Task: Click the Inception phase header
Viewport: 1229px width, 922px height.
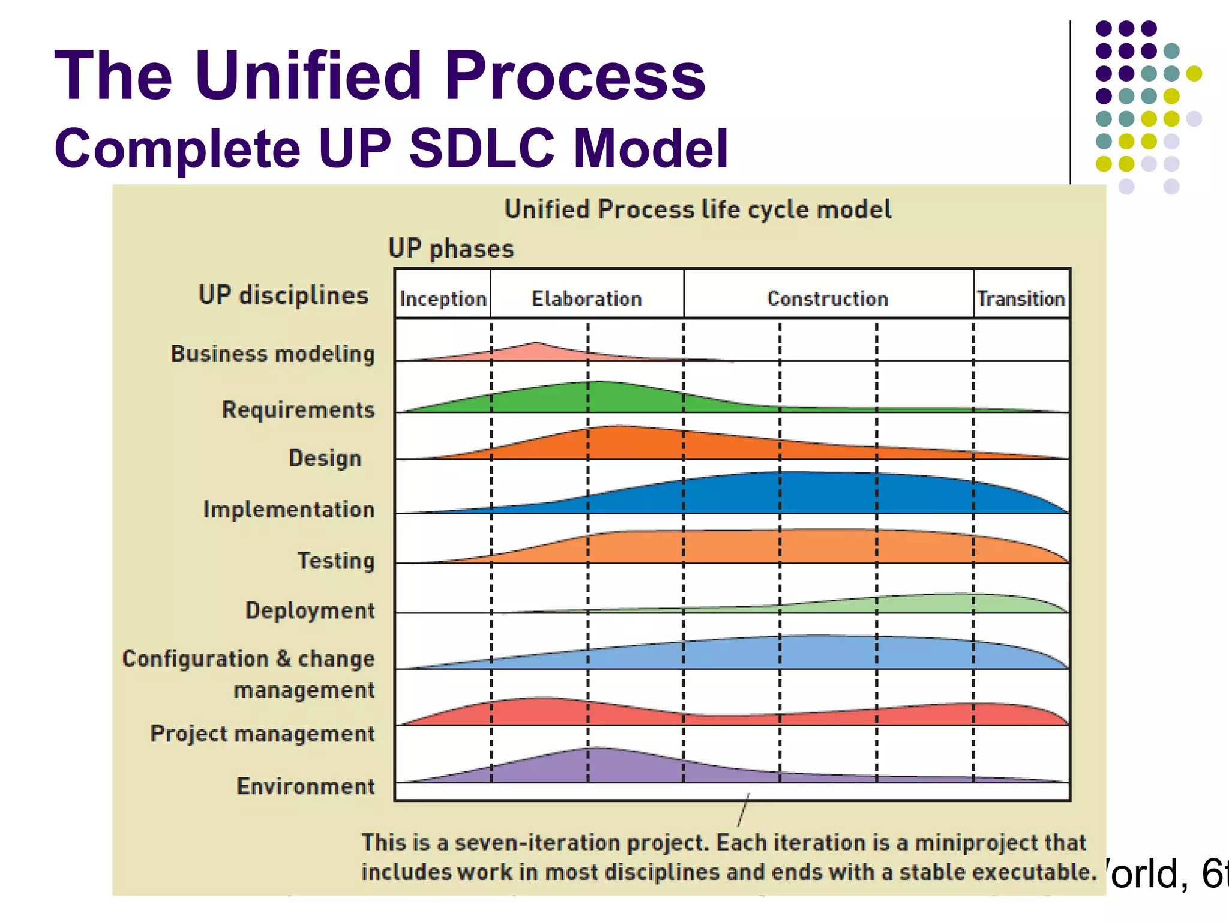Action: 443,298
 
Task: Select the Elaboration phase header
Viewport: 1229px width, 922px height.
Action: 586,298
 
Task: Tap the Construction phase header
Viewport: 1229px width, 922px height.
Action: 827,298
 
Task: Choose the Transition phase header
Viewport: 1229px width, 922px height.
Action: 1021,298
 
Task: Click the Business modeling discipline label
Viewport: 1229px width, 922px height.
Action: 273,354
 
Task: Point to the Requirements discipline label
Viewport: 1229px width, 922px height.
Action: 298,409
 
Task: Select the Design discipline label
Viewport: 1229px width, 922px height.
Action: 325,458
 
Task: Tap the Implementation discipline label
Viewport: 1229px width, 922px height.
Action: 289,510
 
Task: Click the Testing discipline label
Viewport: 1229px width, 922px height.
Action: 336,561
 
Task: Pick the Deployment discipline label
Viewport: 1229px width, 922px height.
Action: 310,610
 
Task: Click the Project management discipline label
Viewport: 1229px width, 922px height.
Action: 262,734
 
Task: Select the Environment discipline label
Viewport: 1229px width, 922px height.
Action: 305,786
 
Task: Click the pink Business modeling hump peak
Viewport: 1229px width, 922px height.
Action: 536,348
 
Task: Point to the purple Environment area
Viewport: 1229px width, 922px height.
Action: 594,765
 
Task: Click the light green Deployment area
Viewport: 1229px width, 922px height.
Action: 948,603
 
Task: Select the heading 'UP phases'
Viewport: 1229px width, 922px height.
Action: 451,249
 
